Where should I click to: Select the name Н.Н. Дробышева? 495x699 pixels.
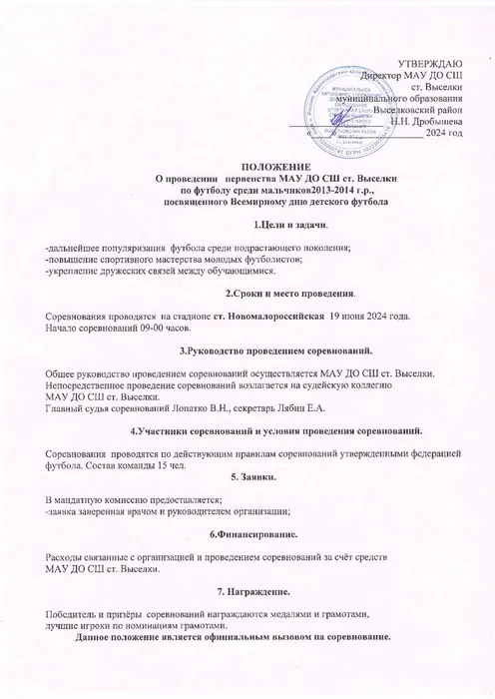429,121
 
